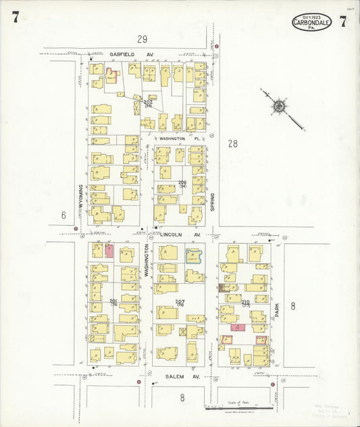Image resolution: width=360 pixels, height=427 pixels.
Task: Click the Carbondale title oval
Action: pos(312,22)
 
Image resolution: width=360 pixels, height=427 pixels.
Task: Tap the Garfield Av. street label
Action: pos(122,53)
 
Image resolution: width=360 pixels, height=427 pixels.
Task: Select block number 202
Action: pos(148,102)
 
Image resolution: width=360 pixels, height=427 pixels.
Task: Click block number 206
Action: pos(182,183)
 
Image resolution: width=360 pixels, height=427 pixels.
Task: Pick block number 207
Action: pos(180,301)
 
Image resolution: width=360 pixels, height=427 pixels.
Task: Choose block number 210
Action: pos(245,301)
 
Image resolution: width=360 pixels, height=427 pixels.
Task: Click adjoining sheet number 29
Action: pos(142,39)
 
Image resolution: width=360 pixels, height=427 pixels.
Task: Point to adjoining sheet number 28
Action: pos(233,143)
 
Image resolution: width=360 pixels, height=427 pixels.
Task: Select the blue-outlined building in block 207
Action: pos(194,256)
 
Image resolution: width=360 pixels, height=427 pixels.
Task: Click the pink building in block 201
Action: pos(109,251)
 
